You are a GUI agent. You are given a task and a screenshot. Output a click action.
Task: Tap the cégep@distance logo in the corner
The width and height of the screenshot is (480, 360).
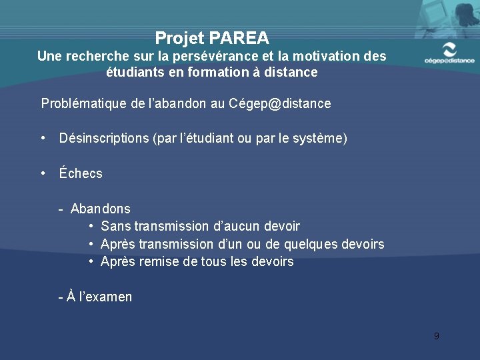(449, 53)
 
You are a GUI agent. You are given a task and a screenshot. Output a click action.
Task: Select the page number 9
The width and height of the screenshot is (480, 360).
(436, 336)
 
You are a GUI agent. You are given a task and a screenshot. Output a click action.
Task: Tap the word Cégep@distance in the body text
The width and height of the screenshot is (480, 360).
(279, 103)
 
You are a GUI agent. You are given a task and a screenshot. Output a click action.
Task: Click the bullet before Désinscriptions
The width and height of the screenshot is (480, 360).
(43, 139)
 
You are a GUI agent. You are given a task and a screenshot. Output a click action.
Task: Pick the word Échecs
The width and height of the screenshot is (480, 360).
(81, 173)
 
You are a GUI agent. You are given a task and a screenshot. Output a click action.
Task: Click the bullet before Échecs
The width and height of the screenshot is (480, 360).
(43, 173)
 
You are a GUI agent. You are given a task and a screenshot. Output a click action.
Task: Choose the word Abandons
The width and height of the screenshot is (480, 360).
(101, 209)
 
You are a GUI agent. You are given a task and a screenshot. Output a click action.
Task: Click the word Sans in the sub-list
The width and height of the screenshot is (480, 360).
(116, 227)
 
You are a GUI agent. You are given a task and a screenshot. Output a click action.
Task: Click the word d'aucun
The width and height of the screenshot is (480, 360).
(239, 227)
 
